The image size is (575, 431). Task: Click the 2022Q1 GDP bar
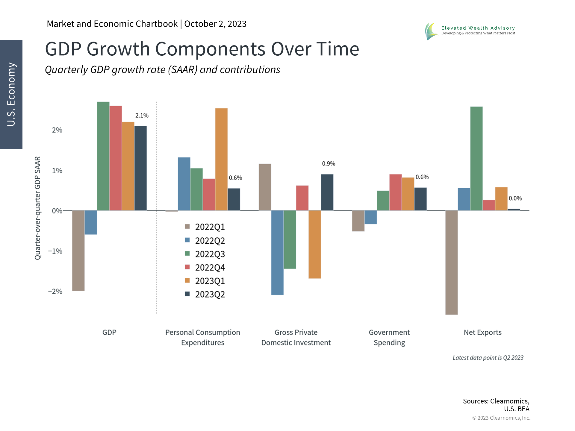tap(78, 250)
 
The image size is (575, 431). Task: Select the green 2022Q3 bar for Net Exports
tap(476, 159)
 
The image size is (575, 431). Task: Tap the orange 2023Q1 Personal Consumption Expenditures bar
tap(221, 159)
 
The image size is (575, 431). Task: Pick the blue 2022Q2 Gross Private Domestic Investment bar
tap(277, 252)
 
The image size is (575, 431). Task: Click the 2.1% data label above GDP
tap(142, 116)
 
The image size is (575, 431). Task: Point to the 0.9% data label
tap(329, 164)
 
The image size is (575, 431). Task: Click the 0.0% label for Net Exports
tap(515, 198)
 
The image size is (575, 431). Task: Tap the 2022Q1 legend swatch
tap(187, 227)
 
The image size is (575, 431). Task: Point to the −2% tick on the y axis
tap(55, 292)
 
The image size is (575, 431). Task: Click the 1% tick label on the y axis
tap(57, 171)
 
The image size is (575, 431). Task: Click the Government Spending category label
tap(389, 337)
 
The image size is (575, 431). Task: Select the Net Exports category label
tap(482, 333)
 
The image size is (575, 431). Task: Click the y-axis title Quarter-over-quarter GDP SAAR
tap(37, 208)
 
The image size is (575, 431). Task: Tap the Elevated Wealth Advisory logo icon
tap(431, 31)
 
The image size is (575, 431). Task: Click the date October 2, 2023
tap(215, 24)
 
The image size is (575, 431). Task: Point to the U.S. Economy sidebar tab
tap(11, 94)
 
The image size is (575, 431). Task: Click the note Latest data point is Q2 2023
tap(488, 358)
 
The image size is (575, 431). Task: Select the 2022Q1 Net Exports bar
tap(451, 262)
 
